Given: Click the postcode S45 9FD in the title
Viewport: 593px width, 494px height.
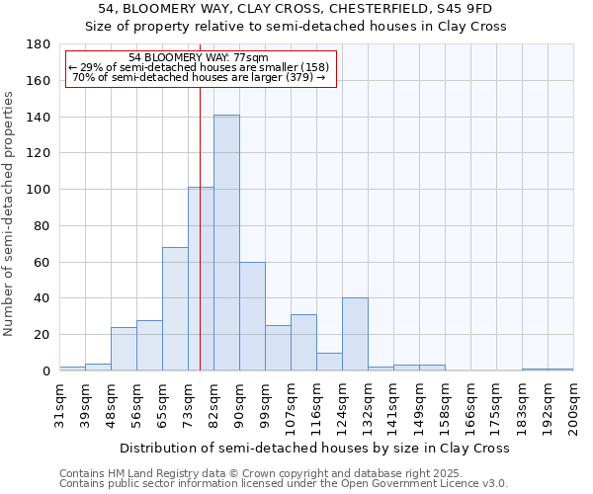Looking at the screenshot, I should point(471,9).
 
